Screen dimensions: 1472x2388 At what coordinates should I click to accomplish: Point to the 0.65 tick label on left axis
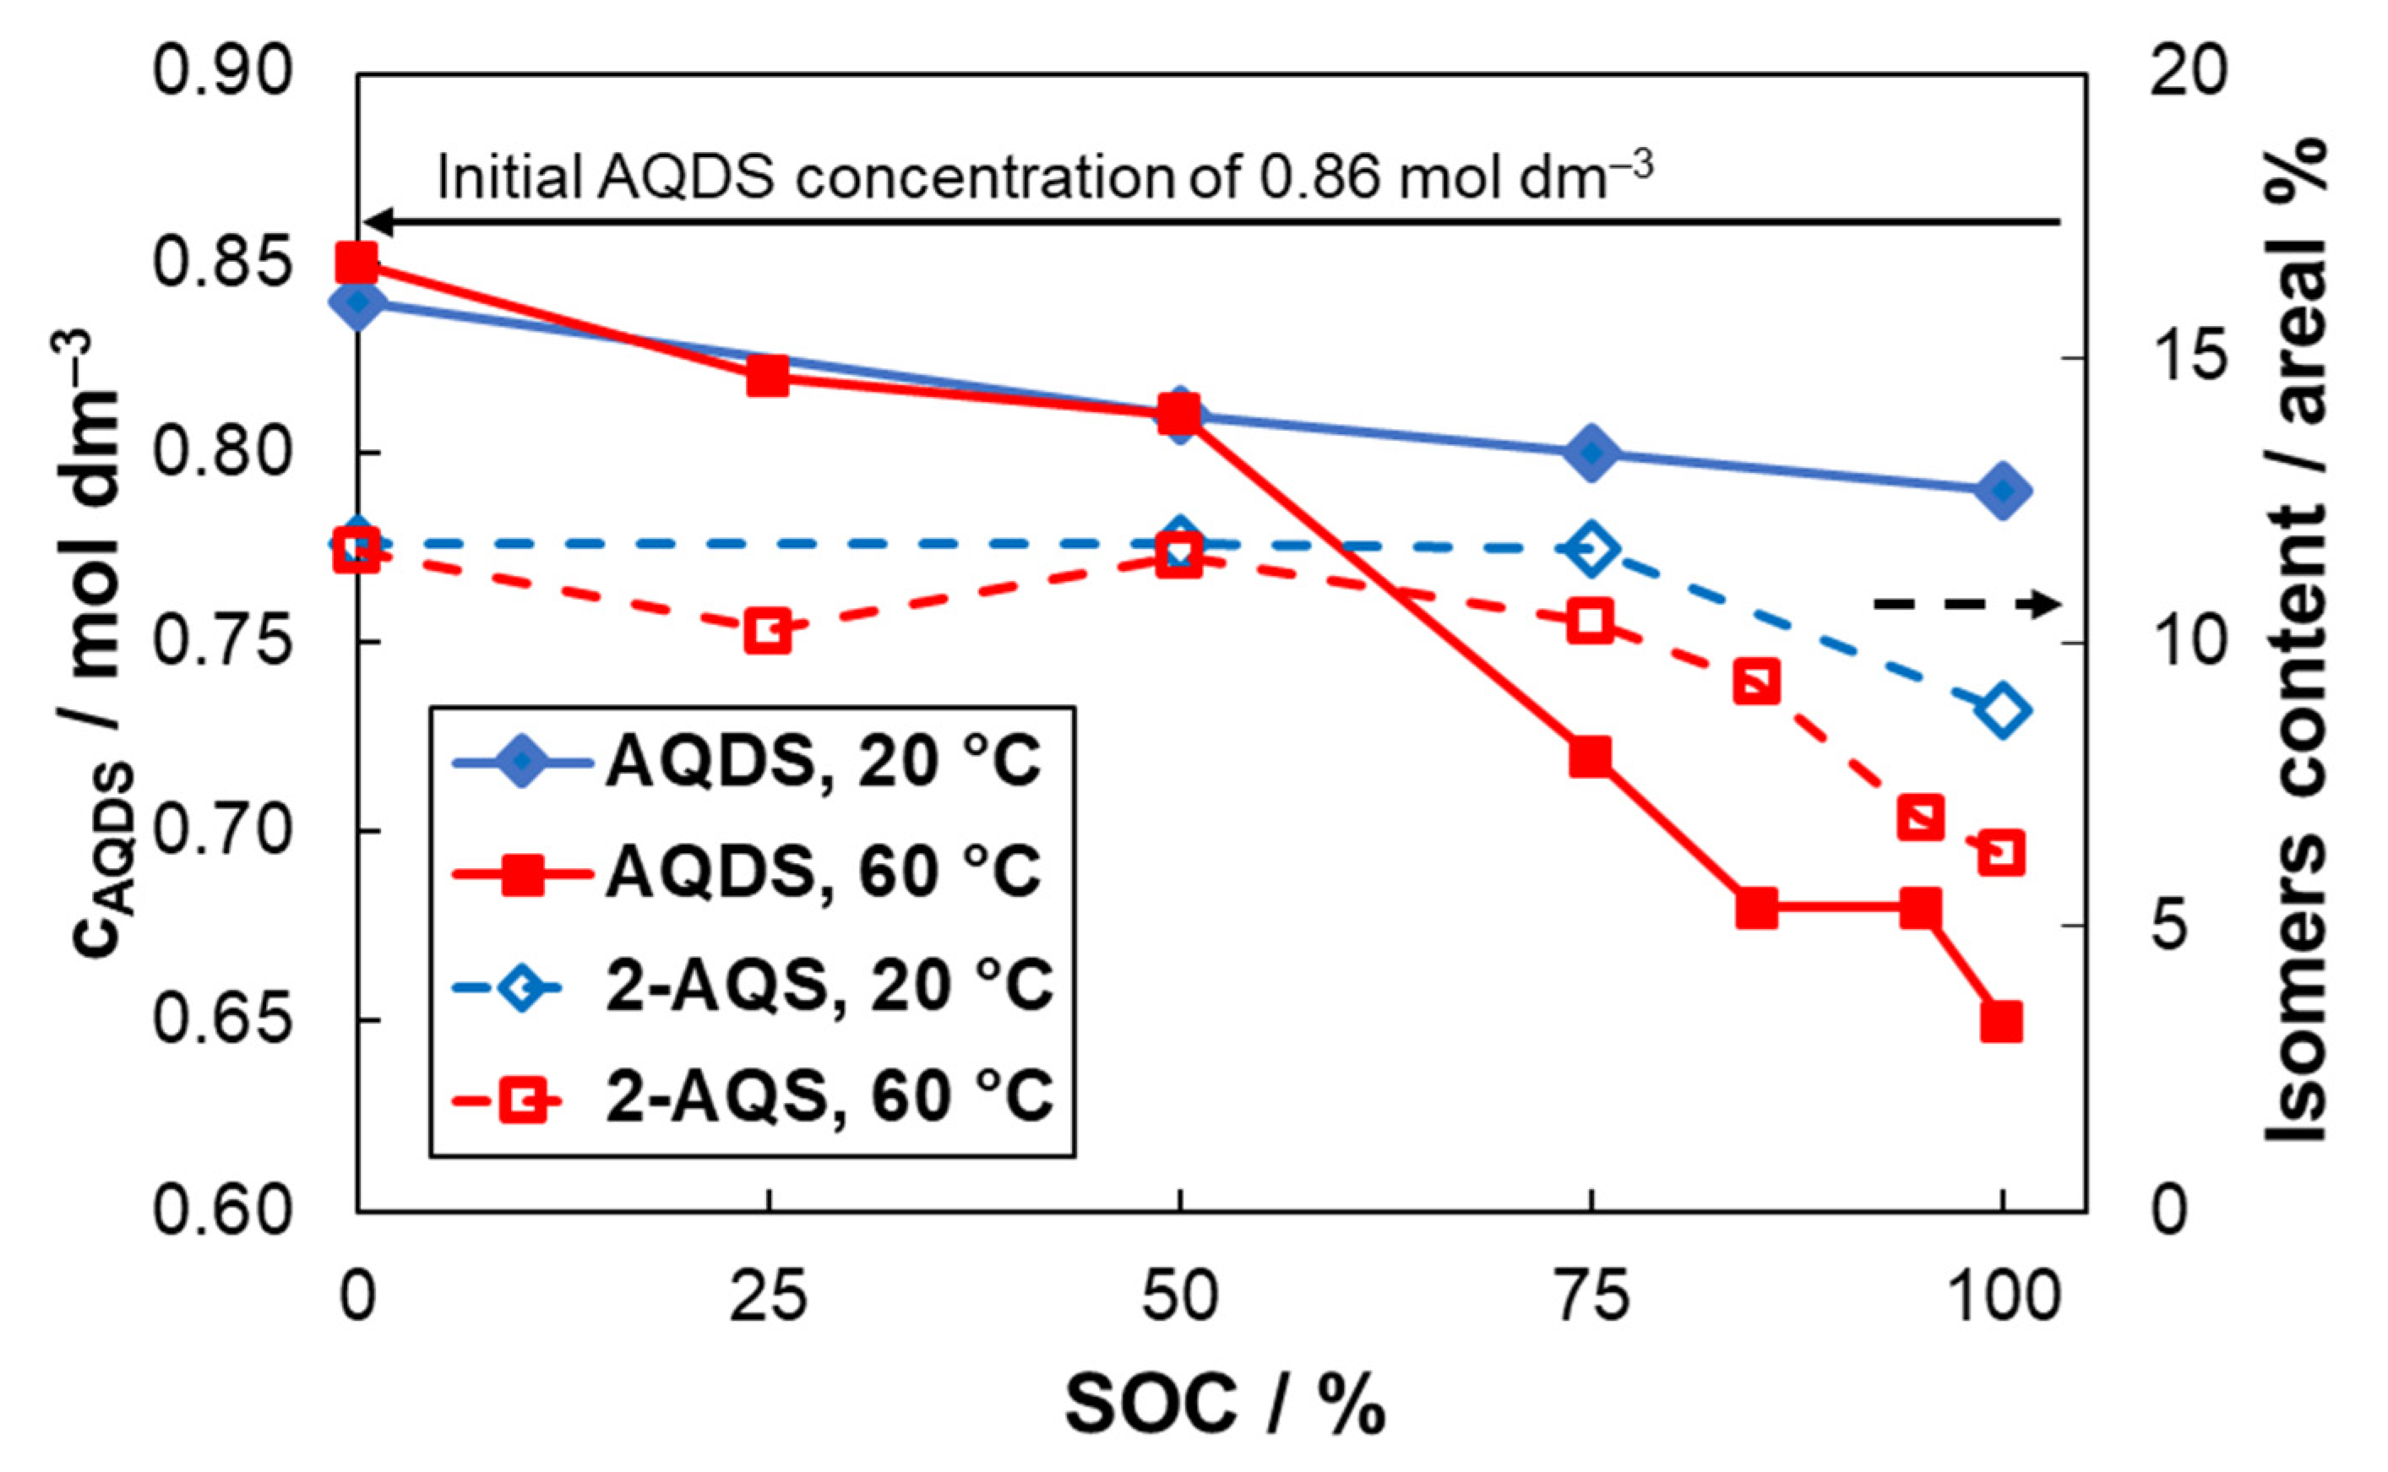222,1020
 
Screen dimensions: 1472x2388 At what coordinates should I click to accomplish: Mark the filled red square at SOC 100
2001,1022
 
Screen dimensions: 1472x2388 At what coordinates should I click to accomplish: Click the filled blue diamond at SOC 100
2001,491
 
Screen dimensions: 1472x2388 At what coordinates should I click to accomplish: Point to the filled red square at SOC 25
768,377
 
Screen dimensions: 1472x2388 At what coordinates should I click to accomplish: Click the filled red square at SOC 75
1590,757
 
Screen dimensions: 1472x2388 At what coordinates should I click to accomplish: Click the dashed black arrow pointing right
1966,605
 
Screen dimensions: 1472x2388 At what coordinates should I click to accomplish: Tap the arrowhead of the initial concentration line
378,223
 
